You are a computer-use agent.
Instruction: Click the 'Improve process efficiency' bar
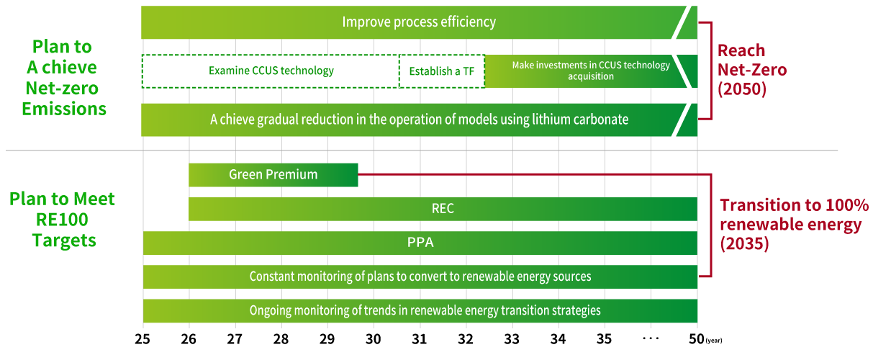point(419,22)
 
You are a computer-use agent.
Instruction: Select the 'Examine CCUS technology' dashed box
point(271,71)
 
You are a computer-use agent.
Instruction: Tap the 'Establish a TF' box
point(441,71)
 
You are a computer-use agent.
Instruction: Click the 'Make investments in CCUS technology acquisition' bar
point(590,71)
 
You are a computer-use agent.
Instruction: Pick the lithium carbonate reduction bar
point(419,120)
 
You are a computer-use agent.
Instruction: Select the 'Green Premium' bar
point(273,175)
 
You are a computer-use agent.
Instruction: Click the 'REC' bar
point(443,209)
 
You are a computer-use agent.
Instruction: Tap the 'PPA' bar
point(420,243)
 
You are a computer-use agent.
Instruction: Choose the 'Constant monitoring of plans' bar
point(420,276)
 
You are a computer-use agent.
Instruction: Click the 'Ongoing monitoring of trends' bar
point(420,310)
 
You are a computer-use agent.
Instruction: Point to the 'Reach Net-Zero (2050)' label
point(751,70)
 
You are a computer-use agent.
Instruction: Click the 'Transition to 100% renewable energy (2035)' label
point(795,225)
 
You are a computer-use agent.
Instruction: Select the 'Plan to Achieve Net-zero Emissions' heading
point(63,78)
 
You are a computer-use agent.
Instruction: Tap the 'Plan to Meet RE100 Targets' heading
point(63,220)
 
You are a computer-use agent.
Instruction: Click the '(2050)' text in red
point(742,89)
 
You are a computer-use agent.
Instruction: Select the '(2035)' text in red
point(744,244)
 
